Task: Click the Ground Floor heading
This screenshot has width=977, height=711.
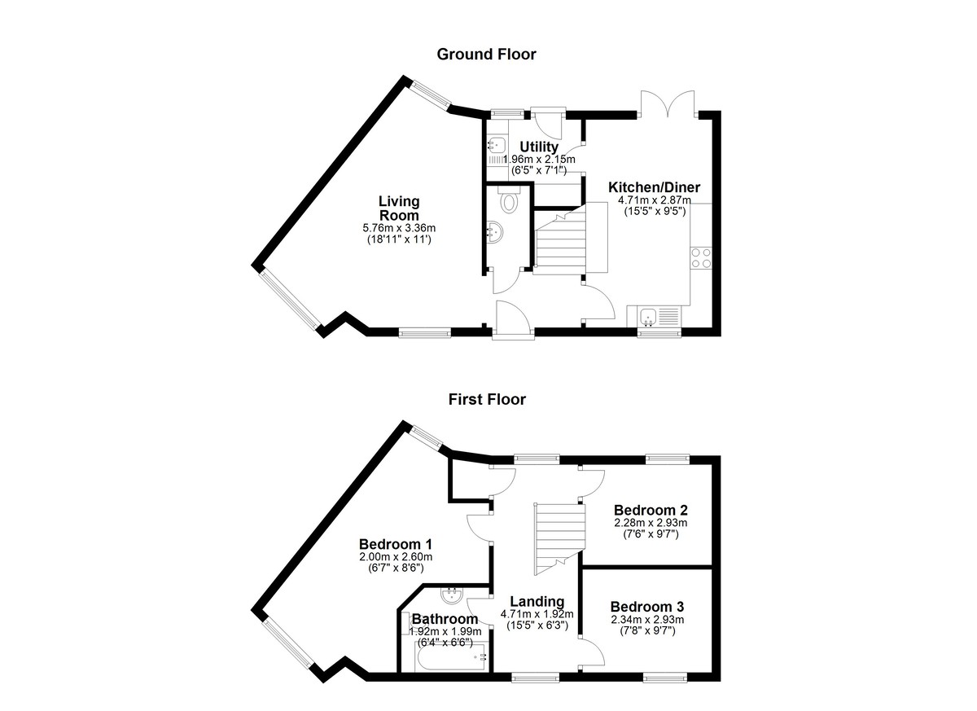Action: tap(486, 55)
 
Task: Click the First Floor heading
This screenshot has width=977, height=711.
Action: tap(487, 400)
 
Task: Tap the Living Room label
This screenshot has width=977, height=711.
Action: tap(399, 208)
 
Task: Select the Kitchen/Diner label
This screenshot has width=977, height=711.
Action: tap(655, 187)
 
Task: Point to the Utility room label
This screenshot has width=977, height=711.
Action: tap(539, 147)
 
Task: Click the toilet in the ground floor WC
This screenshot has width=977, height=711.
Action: tap(509, 200)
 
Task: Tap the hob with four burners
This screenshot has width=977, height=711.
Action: tap(701, 258)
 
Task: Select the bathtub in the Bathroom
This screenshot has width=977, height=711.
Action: tap(450, 657)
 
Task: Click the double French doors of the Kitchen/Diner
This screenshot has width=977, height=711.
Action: tap(668, 103)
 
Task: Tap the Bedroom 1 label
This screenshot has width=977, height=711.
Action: tap(396, 544)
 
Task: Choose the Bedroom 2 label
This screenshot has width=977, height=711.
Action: tap(651, 511)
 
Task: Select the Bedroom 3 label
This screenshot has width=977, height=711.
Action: tap(647, 607)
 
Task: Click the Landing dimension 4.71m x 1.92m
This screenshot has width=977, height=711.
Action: tap(537, 614)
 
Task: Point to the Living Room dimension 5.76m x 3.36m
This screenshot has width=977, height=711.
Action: tap(399, 228)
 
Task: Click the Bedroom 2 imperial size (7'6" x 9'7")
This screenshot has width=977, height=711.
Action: tap(651, 534)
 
